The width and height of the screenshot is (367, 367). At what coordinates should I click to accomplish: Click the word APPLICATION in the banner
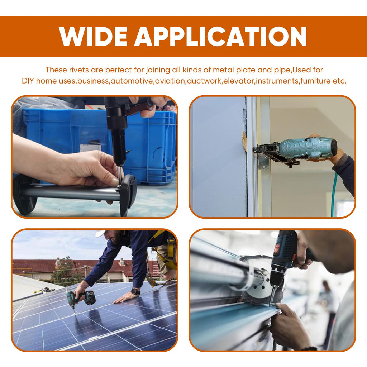pyautogui.click(x=220, y=37)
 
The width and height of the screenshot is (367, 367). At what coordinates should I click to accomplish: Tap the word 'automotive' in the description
pyautogui.click(x=132, y=81)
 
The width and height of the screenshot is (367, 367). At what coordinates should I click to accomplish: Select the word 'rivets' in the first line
pyautogui.click(x=79, y=70)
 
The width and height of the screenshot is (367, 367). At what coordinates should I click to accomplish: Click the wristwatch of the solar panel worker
pyautogui.click(x=135, y=291)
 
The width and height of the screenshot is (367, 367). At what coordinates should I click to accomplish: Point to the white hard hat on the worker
pyautogui.click(x=100, y=233)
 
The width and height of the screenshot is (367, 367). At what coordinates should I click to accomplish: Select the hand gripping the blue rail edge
pyautogui.click(x=290, y=325)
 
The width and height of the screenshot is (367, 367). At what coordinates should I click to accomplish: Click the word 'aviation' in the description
pyautogui.click(x=170, y=81)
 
